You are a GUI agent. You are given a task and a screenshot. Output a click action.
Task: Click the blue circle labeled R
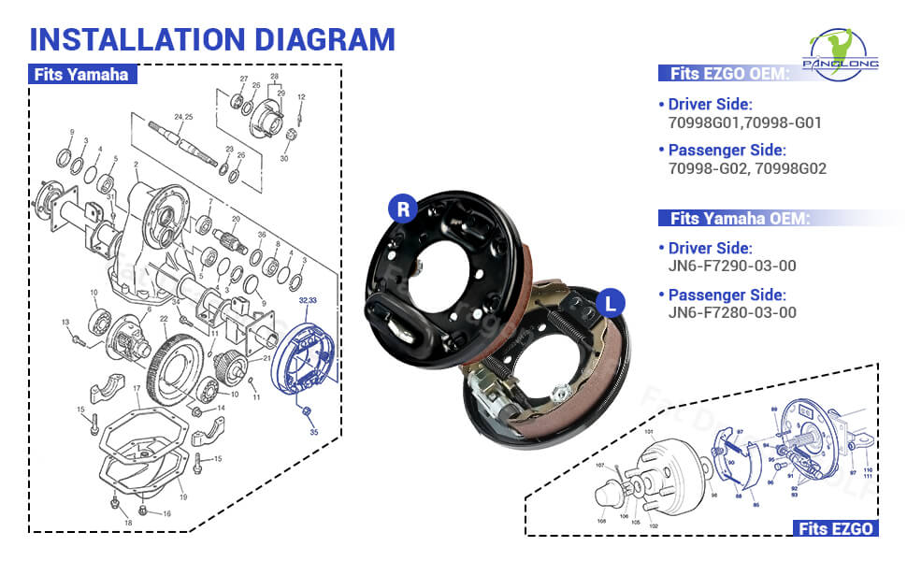[x=403, y=209]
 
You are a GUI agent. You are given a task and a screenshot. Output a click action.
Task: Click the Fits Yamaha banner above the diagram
[x=81, y=75]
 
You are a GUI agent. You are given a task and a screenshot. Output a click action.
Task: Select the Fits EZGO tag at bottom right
[x=836, y=529]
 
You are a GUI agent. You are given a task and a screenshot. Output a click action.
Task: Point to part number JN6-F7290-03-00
[x=732, y=266]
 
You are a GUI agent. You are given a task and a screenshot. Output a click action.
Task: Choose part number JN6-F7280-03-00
[x=732, y=312]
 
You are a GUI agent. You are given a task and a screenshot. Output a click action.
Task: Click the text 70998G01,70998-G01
[x=745, y=122]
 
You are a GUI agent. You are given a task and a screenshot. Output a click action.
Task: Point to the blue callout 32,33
[x=308, y=302]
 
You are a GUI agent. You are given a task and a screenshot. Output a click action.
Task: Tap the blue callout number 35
[x=314, y=432]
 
